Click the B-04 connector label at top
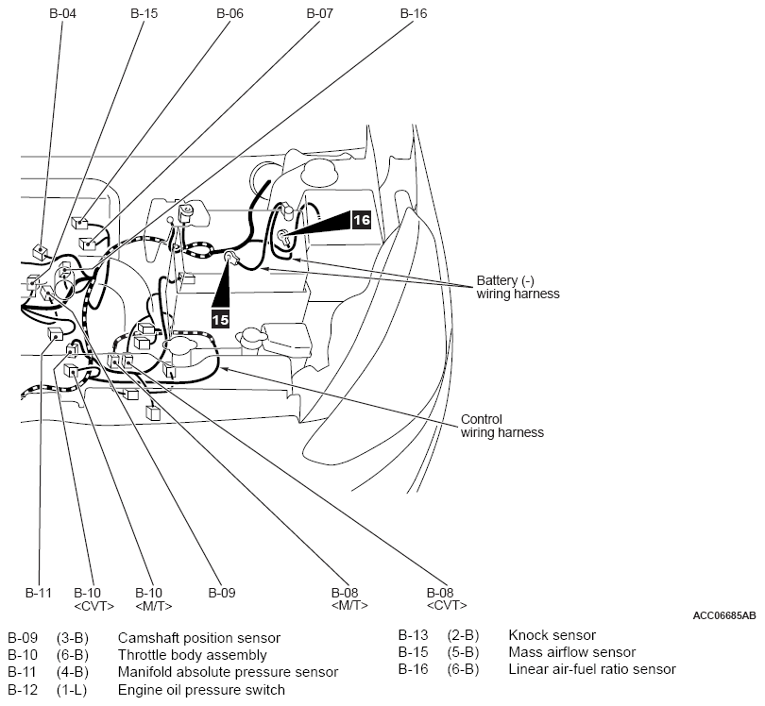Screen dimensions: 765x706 (x=63, y=13)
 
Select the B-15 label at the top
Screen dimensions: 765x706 (x=144, y=13)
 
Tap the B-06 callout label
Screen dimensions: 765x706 (x=229, y=13)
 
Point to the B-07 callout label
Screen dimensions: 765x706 (x=320, y=13)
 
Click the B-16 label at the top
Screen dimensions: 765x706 (x=414, y=13)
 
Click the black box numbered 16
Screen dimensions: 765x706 (x=362, y=220)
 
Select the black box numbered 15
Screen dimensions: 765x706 (x=220, y=319)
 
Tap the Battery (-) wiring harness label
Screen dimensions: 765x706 (x=518, y=287)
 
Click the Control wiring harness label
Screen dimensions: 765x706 (x=502, y=426)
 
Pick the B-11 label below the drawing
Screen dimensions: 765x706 (x=39, y=593)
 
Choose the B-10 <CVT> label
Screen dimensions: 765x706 (x=93, y=599)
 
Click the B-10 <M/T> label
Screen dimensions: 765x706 (x=154, y=599)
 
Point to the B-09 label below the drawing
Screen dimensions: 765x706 (x=222, y=593)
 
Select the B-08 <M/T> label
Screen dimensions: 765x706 (x=349, y=599)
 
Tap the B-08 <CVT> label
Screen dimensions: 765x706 (x=447, y=599)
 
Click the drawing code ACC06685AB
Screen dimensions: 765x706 (x=724, y=615)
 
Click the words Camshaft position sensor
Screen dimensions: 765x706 (x=199, y=638)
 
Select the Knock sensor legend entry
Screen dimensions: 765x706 (x=552, y=635)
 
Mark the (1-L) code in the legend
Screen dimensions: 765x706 (x=72, y=690)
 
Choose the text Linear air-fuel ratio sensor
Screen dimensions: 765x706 (x=592, y=669)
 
